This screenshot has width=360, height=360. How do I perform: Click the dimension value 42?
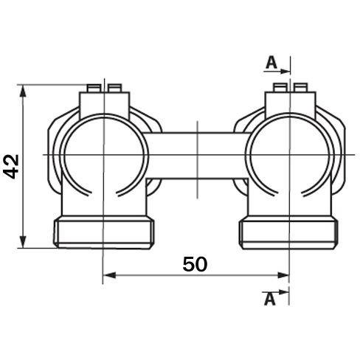(x=11, y=166)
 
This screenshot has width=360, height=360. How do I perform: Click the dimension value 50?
(x=195, y=264)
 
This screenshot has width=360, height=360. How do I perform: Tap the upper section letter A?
(x=271, y=63)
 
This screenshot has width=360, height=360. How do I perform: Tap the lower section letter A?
(x=270, y=300)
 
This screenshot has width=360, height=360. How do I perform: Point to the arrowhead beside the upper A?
(x=285, y=72)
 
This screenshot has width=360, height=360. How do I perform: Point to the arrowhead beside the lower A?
(x=283, y=292)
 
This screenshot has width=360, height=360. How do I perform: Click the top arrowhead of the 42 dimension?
(x=23, y=91)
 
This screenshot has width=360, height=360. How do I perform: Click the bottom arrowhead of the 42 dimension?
(x=23, y=242)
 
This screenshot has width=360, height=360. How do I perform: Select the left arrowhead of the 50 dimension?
(x=109, y=275)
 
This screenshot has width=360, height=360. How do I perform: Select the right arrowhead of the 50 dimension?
(x=283, y=275)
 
